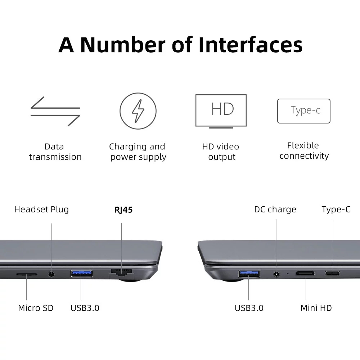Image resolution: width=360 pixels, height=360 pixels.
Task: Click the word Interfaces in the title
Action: [x=251, y=45]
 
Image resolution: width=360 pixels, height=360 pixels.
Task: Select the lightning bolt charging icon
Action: [x=138, y=111]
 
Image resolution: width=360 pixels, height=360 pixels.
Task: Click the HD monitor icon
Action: [x=221, y=111]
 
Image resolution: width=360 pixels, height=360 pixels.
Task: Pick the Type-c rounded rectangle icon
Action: [x=304, y=111]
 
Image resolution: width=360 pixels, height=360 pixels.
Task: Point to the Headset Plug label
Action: [x=41, y=210]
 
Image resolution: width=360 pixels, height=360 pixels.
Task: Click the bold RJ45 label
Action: [x=123, y=210]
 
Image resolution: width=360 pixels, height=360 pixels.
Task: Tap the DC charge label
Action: [x=275, y=210]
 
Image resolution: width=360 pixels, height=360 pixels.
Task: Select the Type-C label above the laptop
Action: [x=336, y=210]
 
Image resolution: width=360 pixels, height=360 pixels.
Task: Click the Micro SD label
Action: [x=36, y=308]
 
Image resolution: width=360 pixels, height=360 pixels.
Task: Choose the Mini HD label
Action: [x=316, y=308]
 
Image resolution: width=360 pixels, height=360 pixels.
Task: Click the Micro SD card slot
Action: [x=27, y=274]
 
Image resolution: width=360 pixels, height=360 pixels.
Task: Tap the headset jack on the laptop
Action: [x=51, y=274]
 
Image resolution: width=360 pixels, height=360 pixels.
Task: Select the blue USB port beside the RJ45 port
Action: [x=81, y=274]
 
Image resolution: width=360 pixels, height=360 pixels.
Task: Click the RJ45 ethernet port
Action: [x=122, y=274]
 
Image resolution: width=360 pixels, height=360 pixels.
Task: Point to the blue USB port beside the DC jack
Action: [x=249, y=274]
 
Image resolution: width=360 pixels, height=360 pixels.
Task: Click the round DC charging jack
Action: [x=276, y=274]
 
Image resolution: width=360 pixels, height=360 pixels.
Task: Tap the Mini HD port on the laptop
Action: [x=305, y=273]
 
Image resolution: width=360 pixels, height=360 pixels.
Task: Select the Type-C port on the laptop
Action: [x=332, y=273]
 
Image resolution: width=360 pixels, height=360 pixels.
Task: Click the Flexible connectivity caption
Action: [x=304, y=150]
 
